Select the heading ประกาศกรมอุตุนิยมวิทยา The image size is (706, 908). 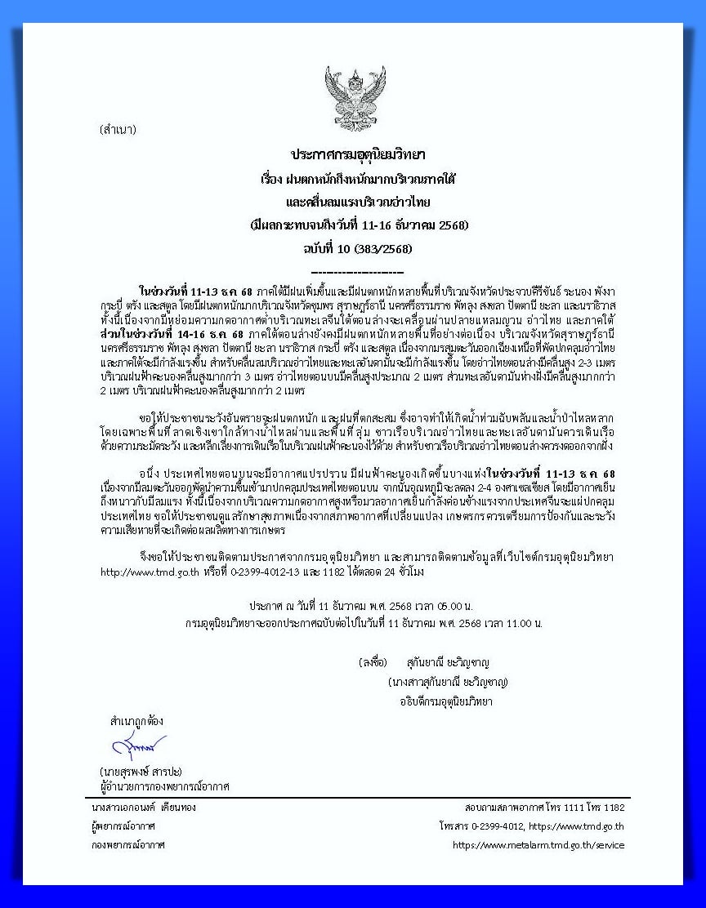[x=358, y=154]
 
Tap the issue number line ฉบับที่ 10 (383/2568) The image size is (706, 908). [x=358, y=248]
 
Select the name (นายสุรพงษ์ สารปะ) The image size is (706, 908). [x=141, y=771]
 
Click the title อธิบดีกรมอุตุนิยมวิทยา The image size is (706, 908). [x=446, y=701]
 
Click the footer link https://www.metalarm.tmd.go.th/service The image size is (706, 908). [x=538, y=845]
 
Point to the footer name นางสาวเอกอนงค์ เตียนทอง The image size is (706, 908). [x=144, y=807]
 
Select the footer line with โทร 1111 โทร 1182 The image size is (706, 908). [x=544, y=807]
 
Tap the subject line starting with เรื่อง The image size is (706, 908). [x=358, y=177]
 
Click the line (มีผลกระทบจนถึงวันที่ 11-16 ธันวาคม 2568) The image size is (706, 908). [x=358, y=225]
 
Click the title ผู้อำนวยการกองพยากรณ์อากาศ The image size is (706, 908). [x=164, y=786]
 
